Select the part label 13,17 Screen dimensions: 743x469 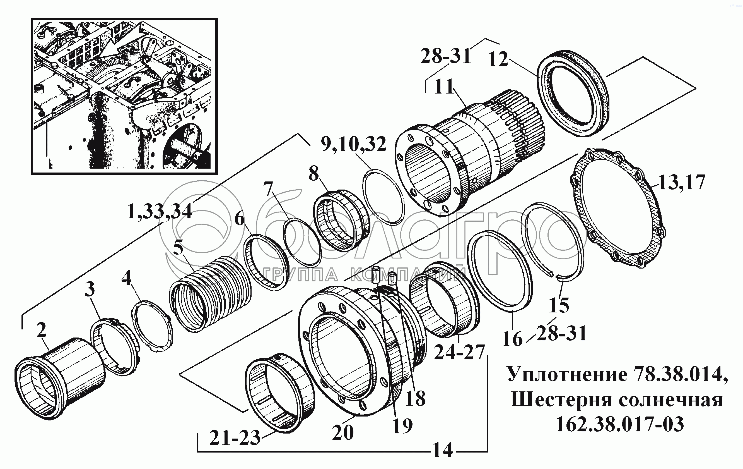pyautogui.click(x=682, y=182)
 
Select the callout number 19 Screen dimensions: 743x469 pyautogui.click(x=402, y=426)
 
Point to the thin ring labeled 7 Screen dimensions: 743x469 pyautogui.click(x=302, y=242)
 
